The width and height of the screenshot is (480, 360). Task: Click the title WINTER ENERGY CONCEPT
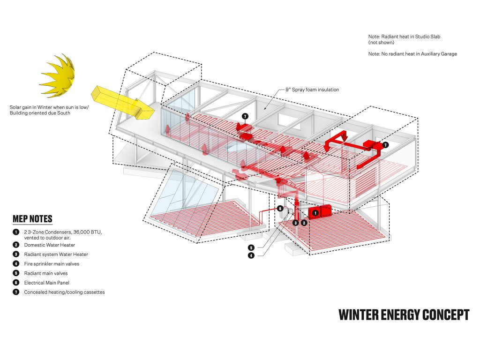point(404,315)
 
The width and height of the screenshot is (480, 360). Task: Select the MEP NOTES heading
point(32,219)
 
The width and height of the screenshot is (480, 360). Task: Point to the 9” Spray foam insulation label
point(312,90)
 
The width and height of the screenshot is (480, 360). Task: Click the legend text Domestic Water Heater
point(50,245)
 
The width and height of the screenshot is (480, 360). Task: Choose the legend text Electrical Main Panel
point(47,283)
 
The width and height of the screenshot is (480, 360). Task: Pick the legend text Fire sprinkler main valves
point(52,264)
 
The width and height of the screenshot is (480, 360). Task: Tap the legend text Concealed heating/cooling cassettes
point(64,292)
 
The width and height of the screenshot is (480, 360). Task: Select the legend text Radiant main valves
point(46,273)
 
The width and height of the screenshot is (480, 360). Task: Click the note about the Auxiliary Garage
point(412,54)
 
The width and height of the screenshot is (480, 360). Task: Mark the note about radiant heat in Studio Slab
point(404,39)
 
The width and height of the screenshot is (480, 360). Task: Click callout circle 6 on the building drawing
point(280,209)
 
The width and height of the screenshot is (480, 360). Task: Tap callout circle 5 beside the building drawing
point(251,247)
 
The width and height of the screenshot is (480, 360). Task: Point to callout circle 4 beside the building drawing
point(251,255)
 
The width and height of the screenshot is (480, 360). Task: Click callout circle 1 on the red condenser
point(315,213)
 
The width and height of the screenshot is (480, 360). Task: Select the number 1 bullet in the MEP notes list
point(16,232)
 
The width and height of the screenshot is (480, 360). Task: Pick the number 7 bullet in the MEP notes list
point(16,292)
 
